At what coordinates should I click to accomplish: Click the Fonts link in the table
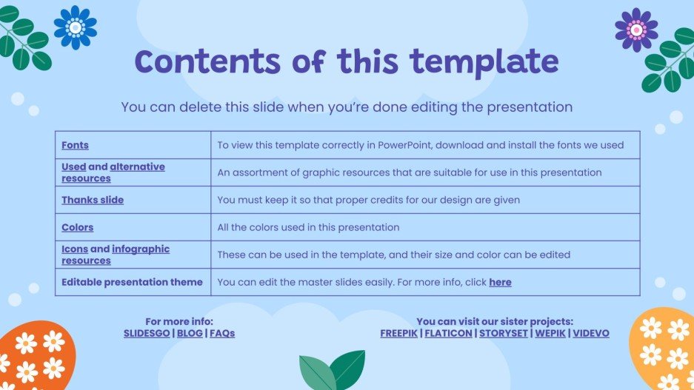(75, 145)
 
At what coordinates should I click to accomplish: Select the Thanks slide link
(93, 200)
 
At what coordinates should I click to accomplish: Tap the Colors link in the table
(78, 227)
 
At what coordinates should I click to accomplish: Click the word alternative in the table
(137, 167)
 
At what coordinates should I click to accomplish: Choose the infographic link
(141, 249)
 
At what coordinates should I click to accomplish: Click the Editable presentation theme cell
(133, 282)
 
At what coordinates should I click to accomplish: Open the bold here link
(500, 282)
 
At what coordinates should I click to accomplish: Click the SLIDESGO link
(147, 333)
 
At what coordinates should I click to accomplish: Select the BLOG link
(190, 333)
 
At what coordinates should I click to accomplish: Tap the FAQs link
(222, 333)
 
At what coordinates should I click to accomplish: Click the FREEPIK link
(398, 333)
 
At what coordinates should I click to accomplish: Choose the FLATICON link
(448, 333)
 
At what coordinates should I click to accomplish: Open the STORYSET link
(504, 333)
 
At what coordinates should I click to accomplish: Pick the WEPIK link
(550, 333)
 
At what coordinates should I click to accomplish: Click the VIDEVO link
(591, 333)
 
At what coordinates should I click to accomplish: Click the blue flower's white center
(76, 27)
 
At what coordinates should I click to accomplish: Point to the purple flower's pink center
(636, 30)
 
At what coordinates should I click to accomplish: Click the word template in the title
(484, 62)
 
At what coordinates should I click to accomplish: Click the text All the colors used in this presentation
(308, 227)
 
